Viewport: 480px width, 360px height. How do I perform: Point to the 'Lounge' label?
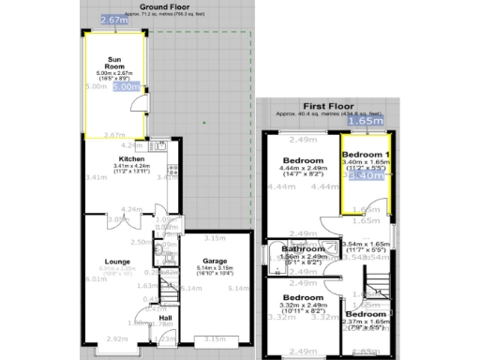(116, 261)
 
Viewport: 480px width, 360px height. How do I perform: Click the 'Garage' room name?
(216, 261)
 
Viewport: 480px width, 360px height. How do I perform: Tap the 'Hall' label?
(165, 318)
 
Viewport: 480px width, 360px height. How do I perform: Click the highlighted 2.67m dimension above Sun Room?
(113, 19)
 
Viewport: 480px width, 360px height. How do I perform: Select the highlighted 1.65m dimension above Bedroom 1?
(364, 120)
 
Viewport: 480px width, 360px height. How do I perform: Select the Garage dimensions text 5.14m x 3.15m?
(216, 268)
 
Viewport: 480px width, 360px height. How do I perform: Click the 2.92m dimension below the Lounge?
(116, 338)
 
